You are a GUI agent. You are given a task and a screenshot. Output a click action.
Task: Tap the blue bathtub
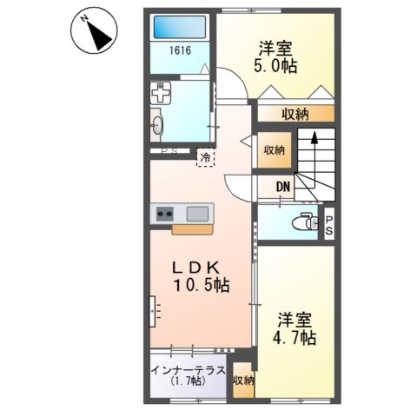[181, 26]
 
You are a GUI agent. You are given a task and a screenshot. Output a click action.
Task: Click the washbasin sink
[158, 125]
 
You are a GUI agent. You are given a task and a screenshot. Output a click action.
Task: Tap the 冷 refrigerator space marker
[205, 157]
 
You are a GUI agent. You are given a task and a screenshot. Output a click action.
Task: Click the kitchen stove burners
[165, 212]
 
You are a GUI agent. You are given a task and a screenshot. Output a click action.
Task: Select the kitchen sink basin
[198, 212]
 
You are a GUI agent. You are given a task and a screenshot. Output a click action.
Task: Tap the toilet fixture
[301, 221]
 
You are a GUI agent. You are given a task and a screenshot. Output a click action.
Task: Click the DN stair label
[283, 185]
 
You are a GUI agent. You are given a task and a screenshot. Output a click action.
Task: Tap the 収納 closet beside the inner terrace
[243, 380]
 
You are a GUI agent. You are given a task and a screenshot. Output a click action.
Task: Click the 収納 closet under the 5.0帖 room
[295, 113]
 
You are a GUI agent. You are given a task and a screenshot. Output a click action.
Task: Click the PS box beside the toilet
[330, 224]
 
